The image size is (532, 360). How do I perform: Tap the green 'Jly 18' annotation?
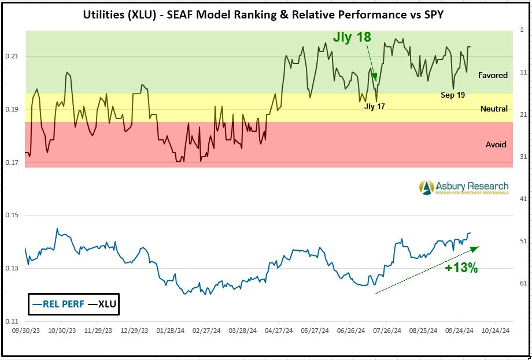click(x=352, y=38)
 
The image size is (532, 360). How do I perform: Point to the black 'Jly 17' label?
click(x=375, y=107)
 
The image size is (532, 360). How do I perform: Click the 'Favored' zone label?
click(x=493, y=75)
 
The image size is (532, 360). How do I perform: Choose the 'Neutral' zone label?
click(x=494, y=109)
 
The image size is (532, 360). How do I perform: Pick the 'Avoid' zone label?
click(x=496, y=144)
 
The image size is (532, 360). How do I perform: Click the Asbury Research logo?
click(x=464, y=187)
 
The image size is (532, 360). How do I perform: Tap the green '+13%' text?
click(x=461, y=268)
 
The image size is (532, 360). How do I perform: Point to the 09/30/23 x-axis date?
click(x=26, y=331)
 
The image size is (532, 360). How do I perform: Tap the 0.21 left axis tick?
click(x=13, y=56)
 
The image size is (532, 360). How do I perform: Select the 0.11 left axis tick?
click(x=13, y=321)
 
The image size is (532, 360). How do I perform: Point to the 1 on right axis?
click(x=522, y=29)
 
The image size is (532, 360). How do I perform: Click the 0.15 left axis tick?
click(x=13, y=216)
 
